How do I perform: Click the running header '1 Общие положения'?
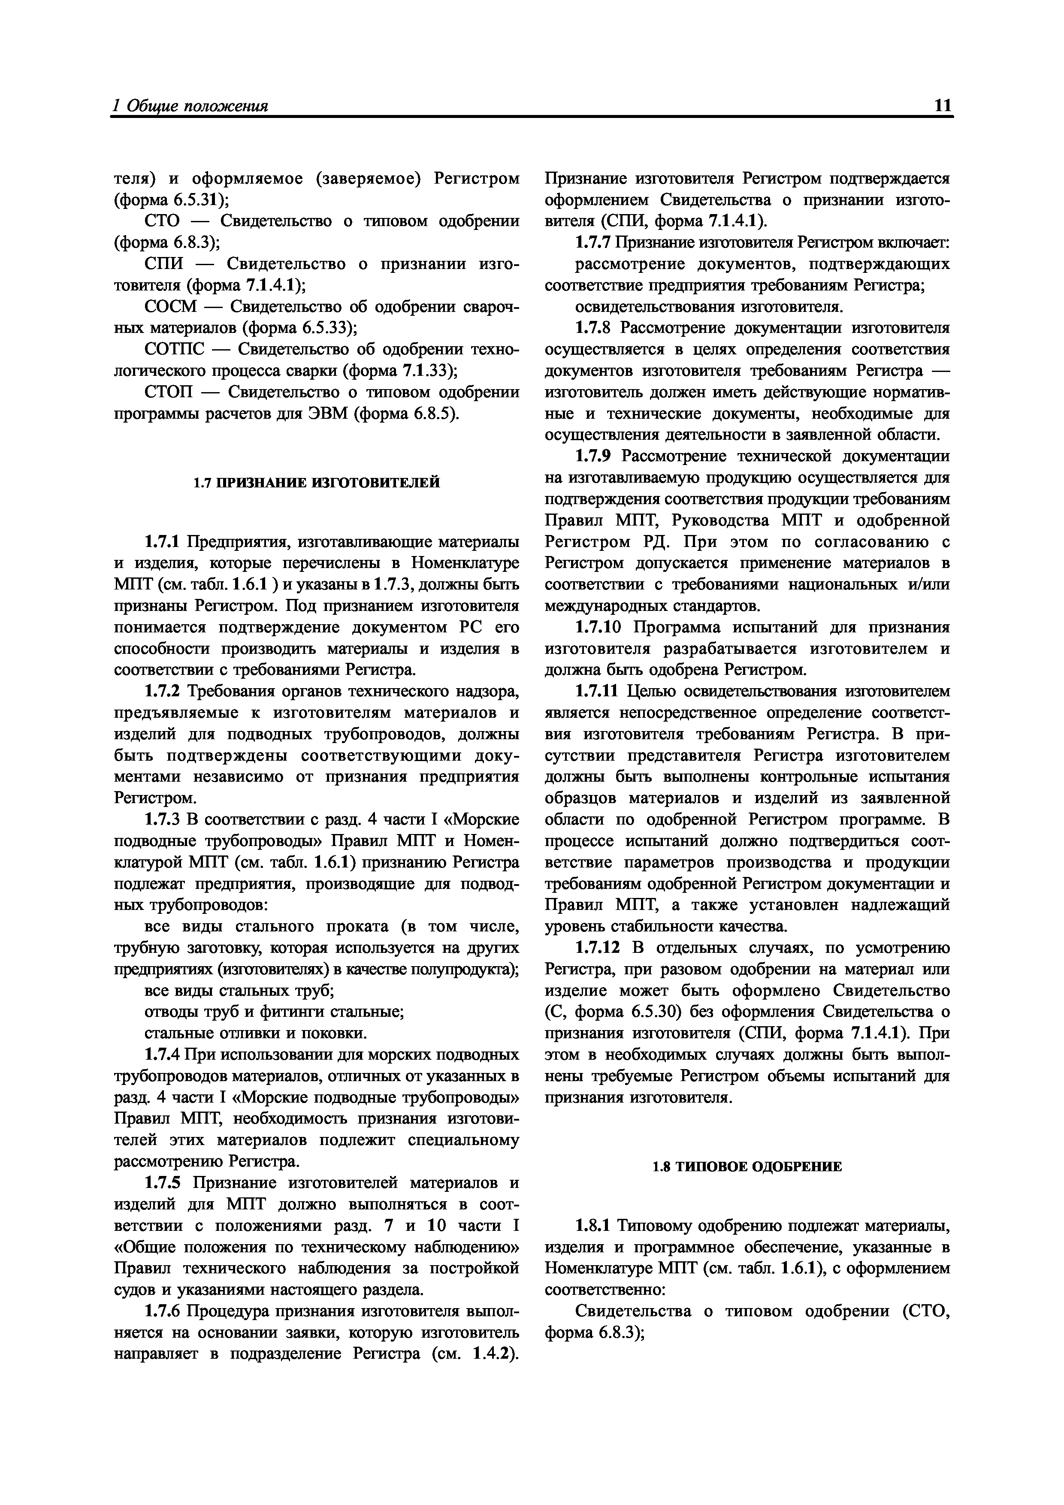(x=190, y=106)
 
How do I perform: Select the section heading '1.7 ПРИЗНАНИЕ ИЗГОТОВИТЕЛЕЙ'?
(x=316, y=483)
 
